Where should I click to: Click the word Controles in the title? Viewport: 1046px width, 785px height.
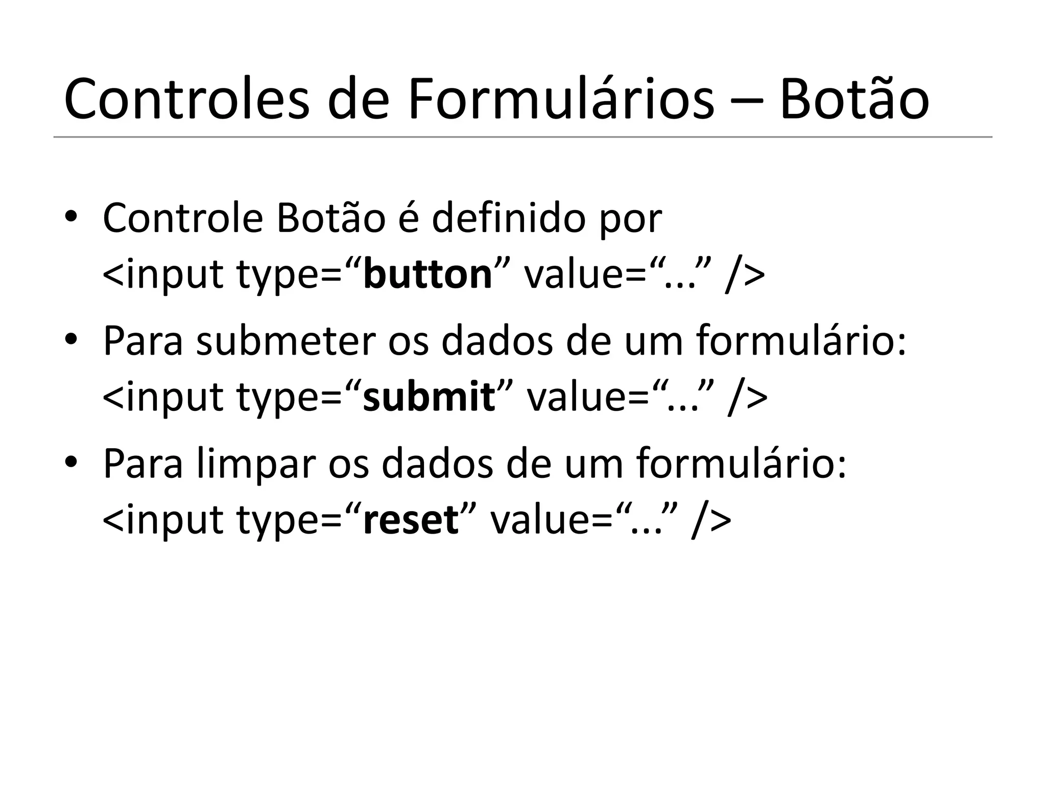pyautogui.click(x=186, y=100)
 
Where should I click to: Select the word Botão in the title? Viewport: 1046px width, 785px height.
pyautogui.click(x=853, y=100)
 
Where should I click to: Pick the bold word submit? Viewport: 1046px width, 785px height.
pyautogui.click(x=429, y=397)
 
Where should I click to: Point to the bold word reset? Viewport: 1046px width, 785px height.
pyautogui.click(x=411, y=520)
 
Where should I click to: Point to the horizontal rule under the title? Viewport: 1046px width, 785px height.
pyautogui.click(x=523, y=137)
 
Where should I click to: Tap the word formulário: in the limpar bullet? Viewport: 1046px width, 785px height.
pyautogui.click(x=741, y=464)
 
